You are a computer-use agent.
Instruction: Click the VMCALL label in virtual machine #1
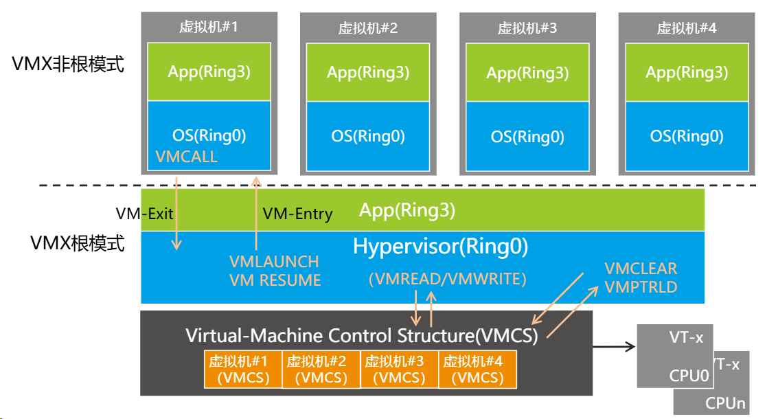tap(186, 157)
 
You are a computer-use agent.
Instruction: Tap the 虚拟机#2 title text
tap(367, 28)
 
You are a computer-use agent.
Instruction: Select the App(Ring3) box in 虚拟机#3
tap(527, 72)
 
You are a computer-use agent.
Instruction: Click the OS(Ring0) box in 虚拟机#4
tap(687, 136)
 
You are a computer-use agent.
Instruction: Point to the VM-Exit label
tap(144, 214)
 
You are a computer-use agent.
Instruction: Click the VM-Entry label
tap(297, 214)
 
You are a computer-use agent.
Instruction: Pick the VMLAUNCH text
tap(274, 262)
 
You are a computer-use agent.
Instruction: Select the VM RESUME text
tap(275, 280)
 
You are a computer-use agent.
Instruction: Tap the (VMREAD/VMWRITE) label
tap(447, 279)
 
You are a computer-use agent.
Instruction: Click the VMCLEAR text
tap(641, 269)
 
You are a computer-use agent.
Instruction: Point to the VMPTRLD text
tap(641, 287)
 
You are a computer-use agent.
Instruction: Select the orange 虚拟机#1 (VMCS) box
tap(243, 370)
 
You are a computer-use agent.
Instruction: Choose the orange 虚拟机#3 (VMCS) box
tap(398, 370)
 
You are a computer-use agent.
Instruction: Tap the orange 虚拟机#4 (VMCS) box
tap(477, 370)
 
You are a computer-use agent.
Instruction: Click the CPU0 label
tap(689, 376)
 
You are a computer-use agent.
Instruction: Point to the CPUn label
tap(725, 404)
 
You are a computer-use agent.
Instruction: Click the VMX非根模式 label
tap(68, 65)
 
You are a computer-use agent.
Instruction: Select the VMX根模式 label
tap(78, 243)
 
